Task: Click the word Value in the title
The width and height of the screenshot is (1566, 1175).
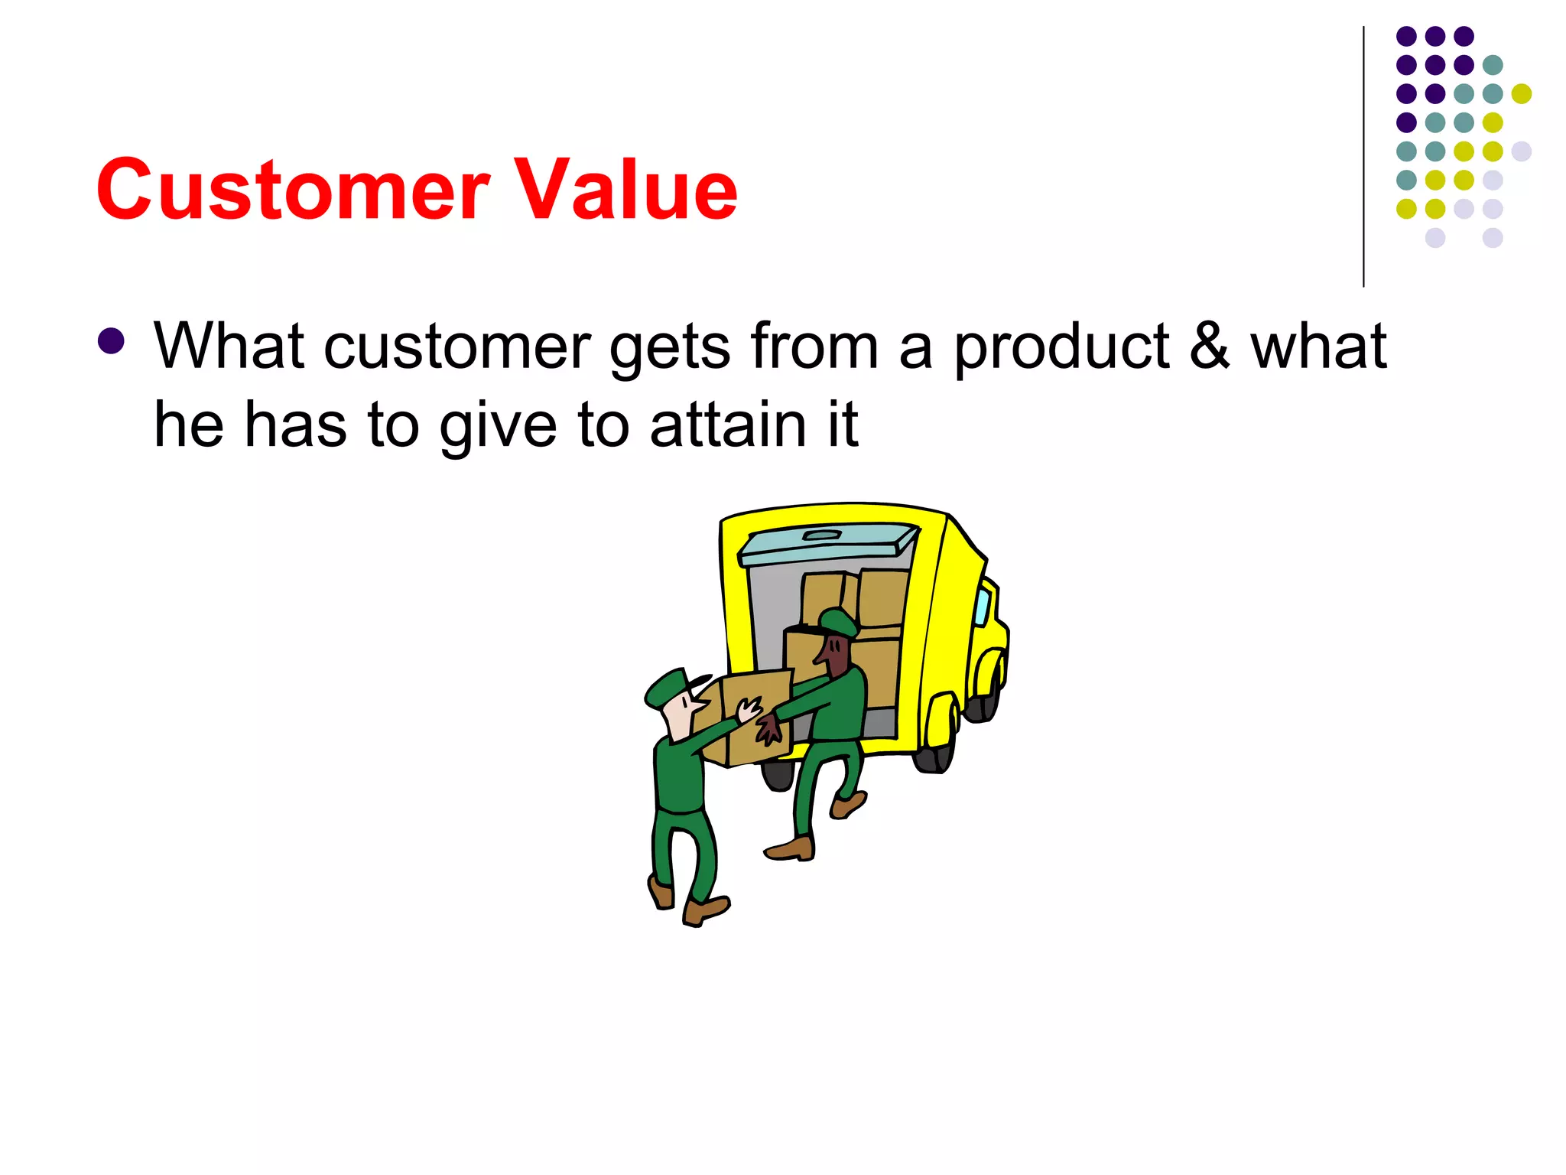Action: pyautogui.click(x=624, y=189)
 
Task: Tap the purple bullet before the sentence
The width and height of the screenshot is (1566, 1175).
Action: pyautogui.click(x=112, y=341)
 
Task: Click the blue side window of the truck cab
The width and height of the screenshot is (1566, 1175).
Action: pyautogui.click(x=982, y=605)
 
